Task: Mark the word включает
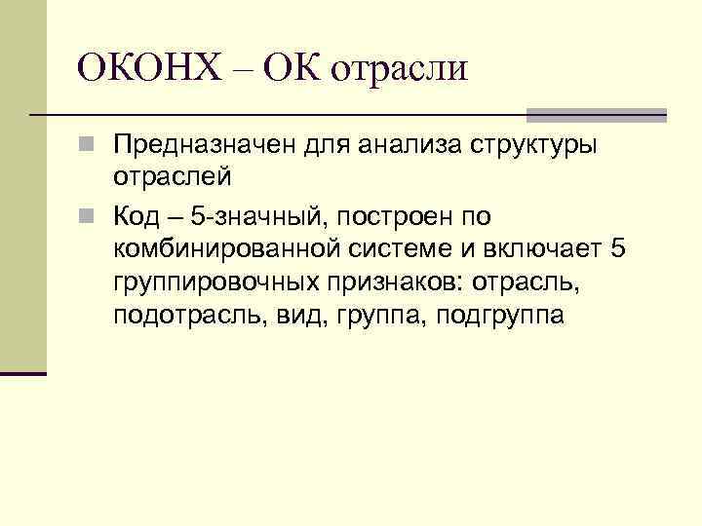[x=539, y=248]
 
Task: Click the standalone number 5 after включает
[x=615, y=248]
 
